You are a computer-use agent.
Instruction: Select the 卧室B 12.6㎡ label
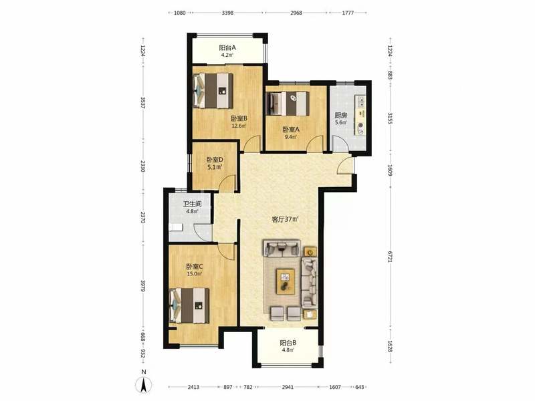239,122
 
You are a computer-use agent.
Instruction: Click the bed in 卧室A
288,104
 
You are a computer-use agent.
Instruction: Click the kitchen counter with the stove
360,115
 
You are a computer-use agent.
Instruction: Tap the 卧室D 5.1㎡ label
215,163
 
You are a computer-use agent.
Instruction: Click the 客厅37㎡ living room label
285,219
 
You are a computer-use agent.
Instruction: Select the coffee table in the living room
286,281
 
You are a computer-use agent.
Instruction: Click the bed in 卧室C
190,305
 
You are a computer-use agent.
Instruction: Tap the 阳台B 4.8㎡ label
288,346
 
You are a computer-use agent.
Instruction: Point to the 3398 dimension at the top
227,13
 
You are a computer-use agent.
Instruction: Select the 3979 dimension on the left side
143,286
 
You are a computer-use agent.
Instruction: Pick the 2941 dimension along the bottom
288,387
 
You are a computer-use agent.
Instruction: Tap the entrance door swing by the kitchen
345,166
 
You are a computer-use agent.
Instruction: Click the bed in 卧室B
213,91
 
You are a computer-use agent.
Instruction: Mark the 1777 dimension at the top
348,13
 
